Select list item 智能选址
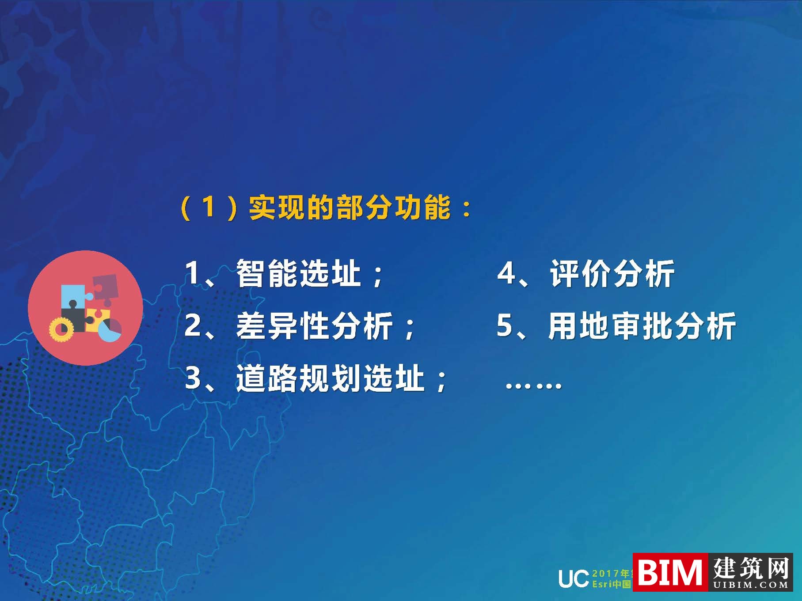tap(298, 273)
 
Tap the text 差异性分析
tap(314, 326)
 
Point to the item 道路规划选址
tap(330, 378)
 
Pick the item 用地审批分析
tap(642, 326)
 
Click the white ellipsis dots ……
tap(533, 385)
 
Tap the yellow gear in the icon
tap(61, 329)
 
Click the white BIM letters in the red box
tap(670, 572)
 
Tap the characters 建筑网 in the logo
tap(751, 567)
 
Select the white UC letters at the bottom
tap(573, 578)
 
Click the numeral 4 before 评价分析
tap(506, 273)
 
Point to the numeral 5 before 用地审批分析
tap(505, 326)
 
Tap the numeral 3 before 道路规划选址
tap(193, 378)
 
